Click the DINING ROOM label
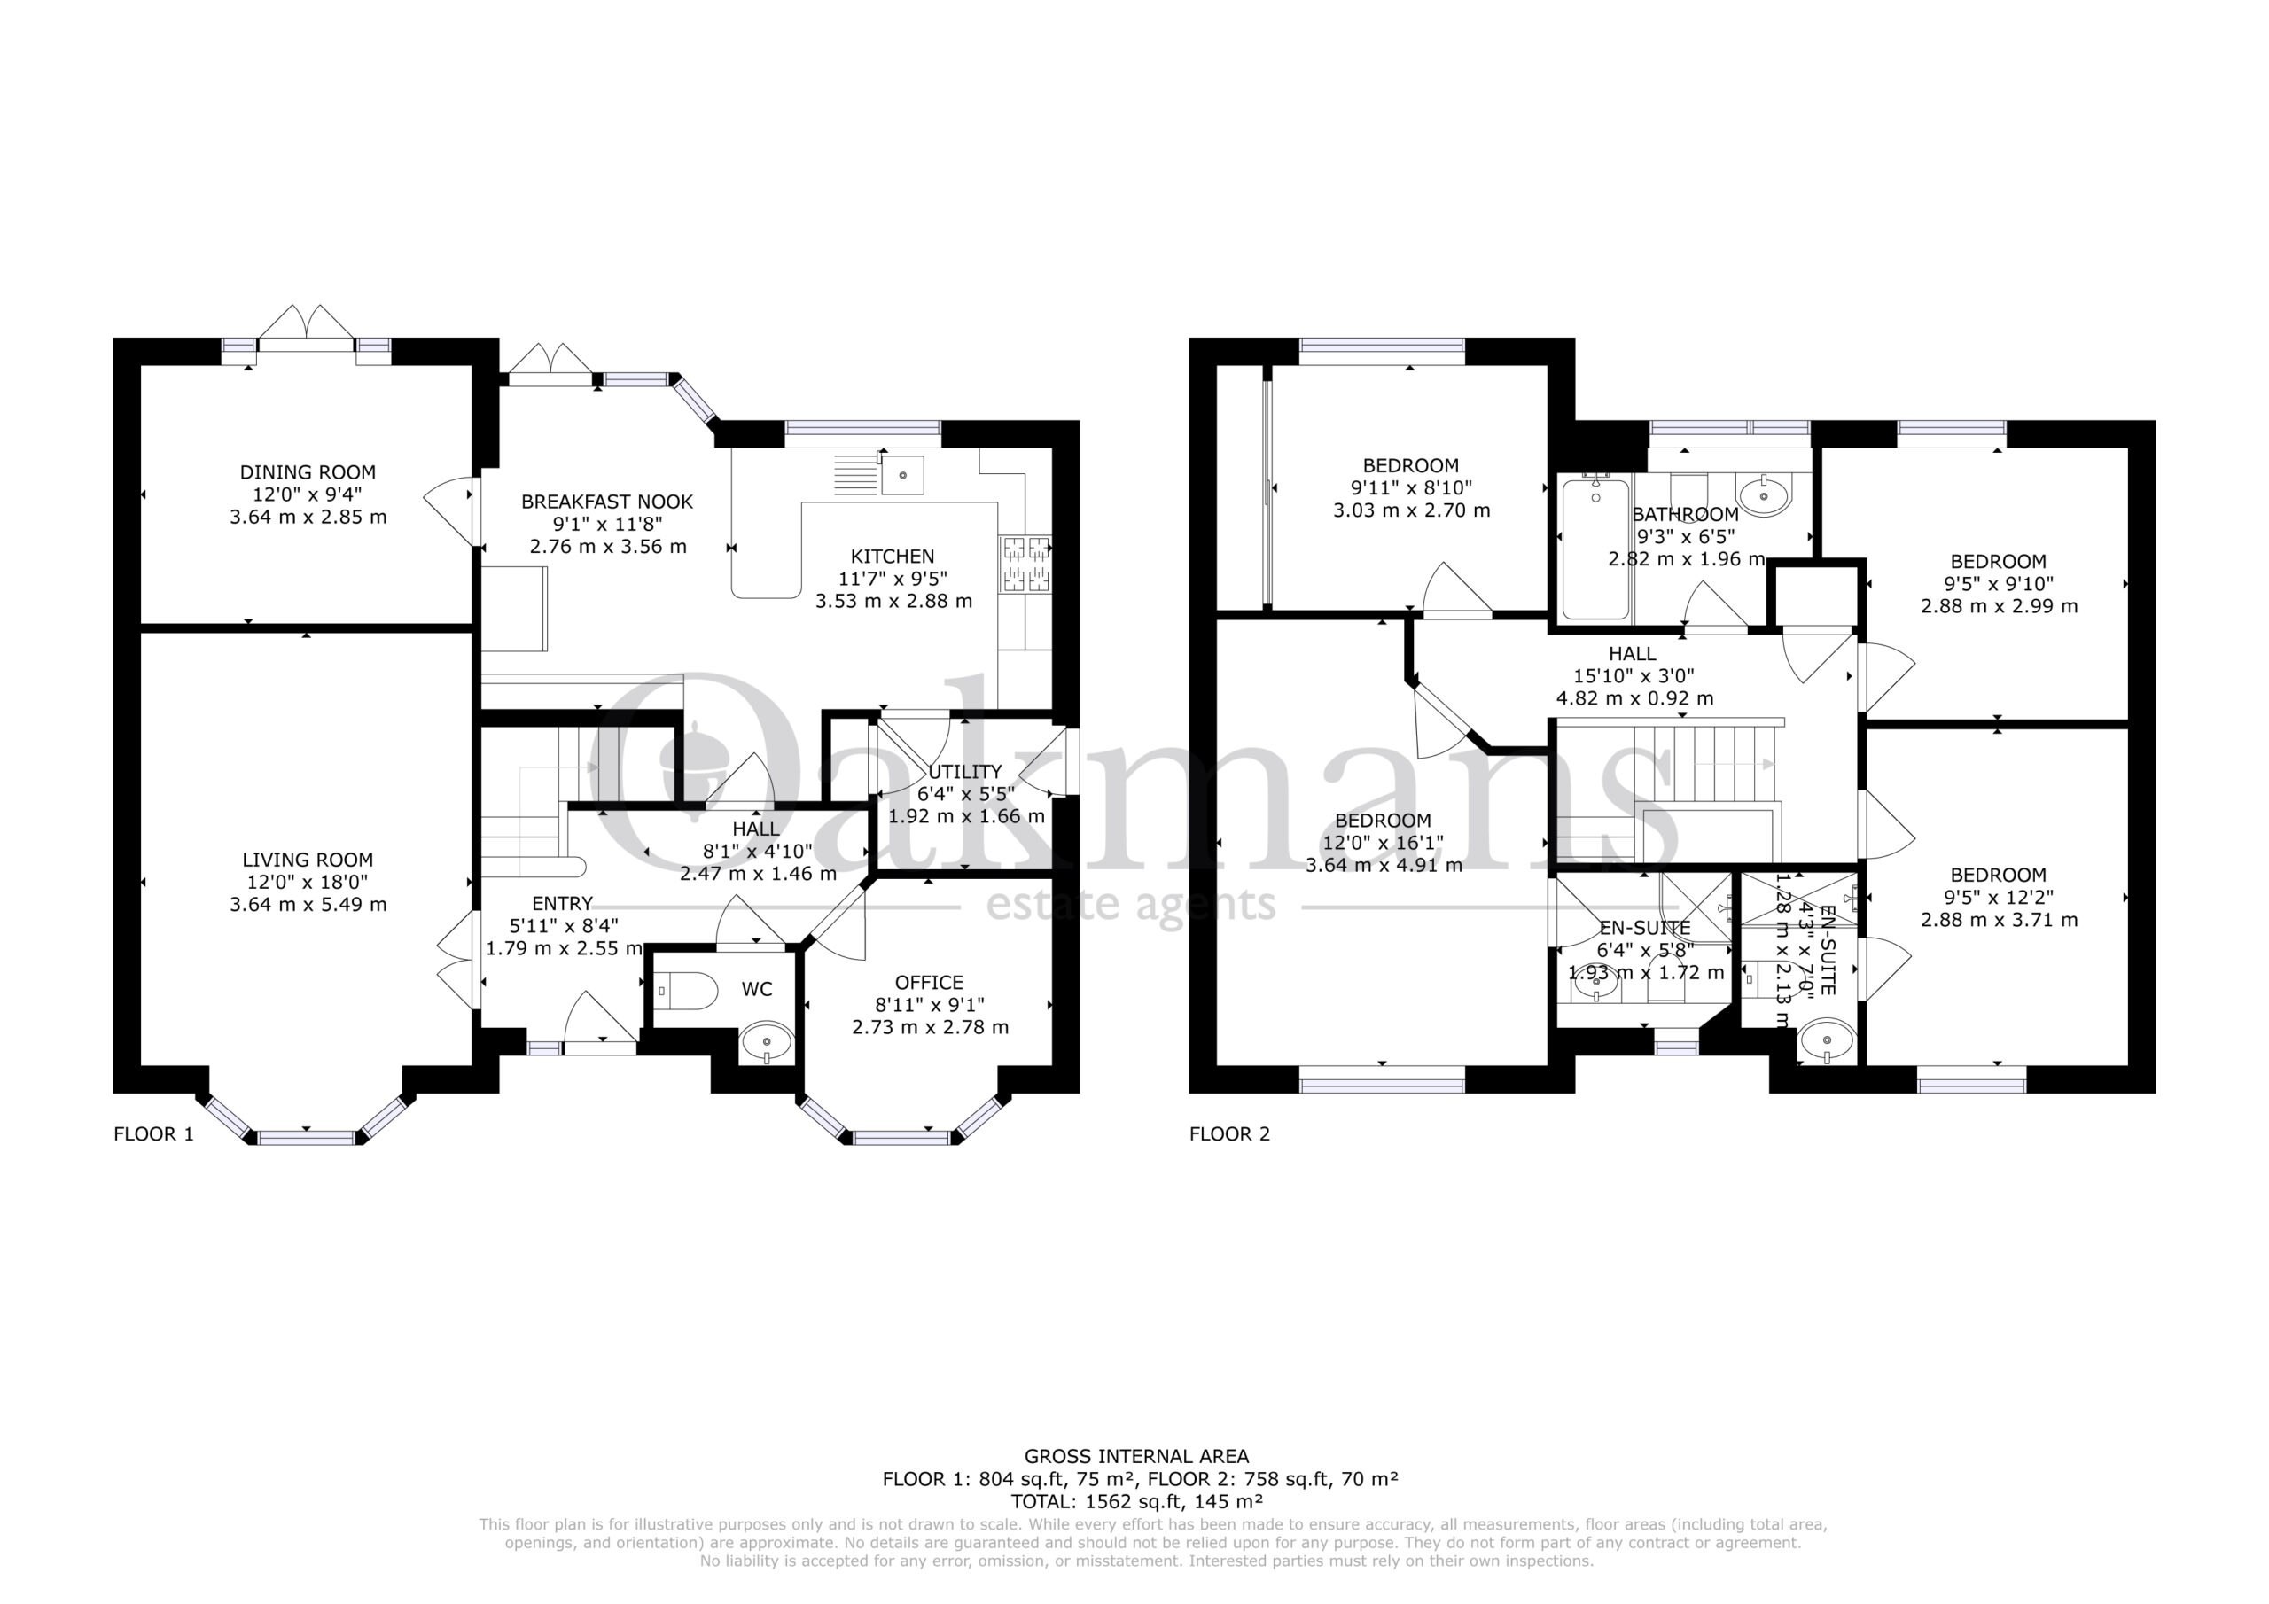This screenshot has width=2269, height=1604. [308, 472]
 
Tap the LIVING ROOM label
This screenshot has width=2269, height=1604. [308, 860]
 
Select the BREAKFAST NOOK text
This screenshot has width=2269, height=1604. [607, 502]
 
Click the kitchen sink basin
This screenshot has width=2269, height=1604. [902, 475]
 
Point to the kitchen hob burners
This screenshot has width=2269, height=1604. [1025, 564]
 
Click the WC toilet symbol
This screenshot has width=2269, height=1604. [686, 990]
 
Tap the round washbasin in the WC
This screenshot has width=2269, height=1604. [766, 1039]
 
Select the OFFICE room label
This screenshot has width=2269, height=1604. [929, 983]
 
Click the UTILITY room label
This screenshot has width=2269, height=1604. [964, 772]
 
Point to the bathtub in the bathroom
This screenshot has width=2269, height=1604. [1595, 549]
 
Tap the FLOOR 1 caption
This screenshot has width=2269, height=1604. [154, 1133]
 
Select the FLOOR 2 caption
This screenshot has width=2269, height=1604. [1229, 1133]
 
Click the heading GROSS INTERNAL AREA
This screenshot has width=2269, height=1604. [1136, 1456]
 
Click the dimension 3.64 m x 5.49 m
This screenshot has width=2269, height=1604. [308, 904]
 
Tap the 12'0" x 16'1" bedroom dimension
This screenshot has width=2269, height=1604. [1383, 843]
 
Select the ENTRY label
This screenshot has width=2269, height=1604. [562, 903]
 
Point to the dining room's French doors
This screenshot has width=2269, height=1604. [307, 327]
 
